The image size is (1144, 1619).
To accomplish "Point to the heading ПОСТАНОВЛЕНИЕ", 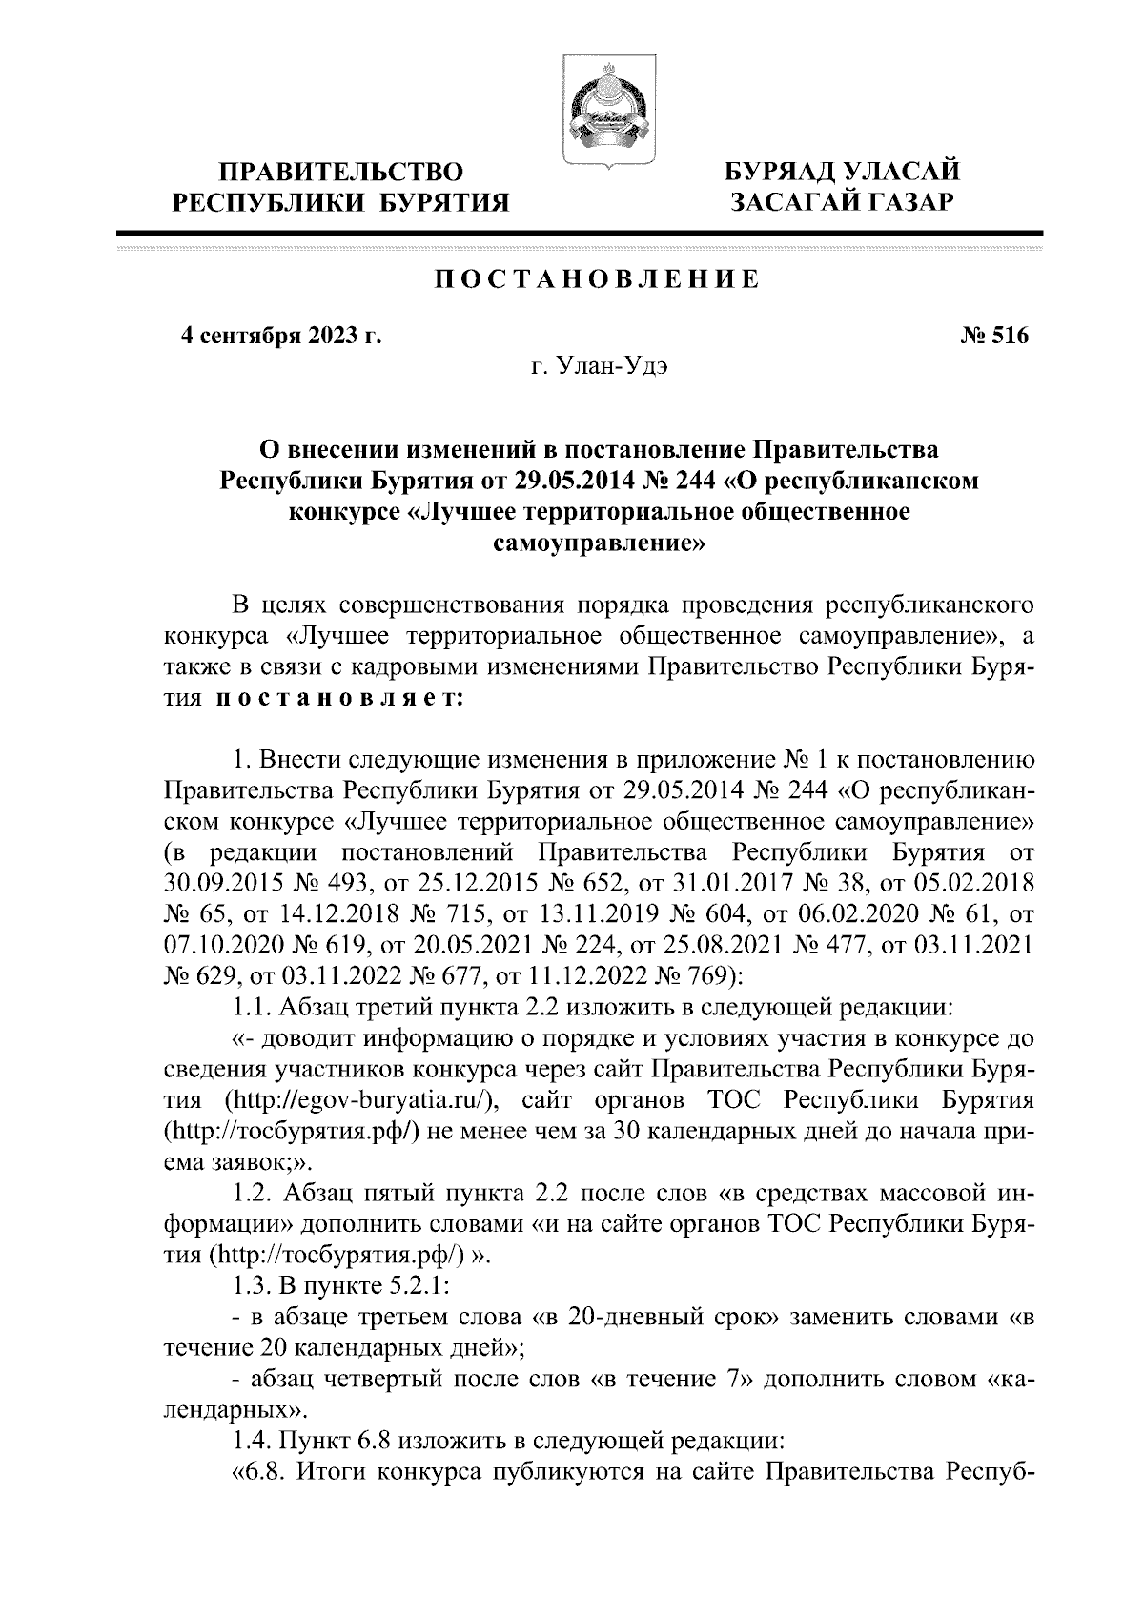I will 598,280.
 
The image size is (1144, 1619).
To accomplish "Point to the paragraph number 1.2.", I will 253,1193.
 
